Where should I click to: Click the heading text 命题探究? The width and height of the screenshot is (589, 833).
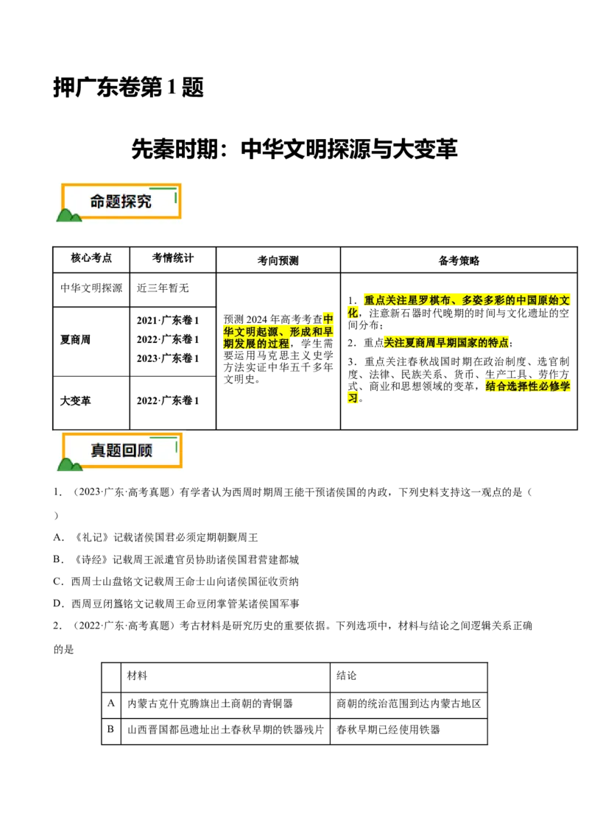point(121,202)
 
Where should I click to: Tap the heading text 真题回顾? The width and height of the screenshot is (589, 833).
point(121,450)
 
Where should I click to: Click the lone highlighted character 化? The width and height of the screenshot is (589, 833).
point(353,313)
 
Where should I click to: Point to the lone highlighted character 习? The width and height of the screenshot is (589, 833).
point(353,398)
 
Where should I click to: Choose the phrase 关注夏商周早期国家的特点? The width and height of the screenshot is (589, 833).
point(446,343)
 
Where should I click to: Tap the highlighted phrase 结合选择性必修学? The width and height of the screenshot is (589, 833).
point(527,386)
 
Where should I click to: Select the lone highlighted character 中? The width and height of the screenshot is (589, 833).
point(328,319)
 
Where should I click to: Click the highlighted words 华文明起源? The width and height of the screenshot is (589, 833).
point(250,332)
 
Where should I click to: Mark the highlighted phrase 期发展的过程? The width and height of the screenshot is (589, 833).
point(256,344)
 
